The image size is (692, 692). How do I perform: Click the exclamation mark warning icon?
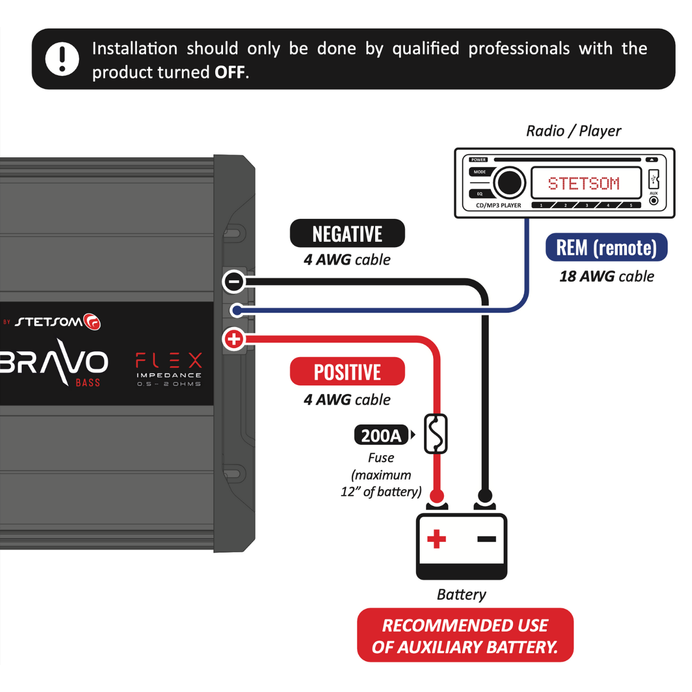tap(62, 59)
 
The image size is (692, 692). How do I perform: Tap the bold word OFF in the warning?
tap(230, 72)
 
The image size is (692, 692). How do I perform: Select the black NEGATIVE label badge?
tap(347, 234)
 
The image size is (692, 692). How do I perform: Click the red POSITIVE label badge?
tap(347, 372)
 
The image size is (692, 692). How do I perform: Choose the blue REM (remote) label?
tap(606, 248)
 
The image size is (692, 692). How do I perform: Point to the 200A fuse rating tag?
tap(381, 435)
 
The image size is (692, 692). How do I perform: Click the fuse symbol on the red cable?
tap(436, 434)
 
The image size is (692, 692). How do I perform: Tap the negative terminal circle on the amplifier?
tap(234, 281)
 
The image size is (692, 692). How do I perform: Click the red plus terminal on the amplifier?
tap(234, 339)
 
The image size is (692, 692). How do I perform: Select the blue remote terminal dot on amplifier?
tap(236, 310)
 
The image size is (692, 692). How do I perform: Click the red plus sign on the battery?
tap(437, 539)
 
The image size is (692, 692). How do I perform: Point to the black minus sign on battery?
tap(486, 539)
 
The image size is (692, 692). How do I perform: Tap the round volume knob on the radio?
tap(510, 182)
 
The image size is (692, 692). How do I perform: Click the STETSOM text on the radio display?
tap(584, 184)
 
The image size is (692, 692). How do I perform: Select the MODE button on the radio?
tap(480, 172)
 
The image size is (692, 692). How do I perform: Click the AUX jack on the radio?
tap(654, 200)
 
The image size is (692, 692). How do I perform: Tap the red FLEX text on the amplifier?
tap(169, 360)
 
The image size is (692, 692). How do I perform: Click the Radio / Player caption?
tap(574, 131)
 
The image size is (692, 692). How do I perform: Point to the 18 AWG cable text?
tap(606, 276)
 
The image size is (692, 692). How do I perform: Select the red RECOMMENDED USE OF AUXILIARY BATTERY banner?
tap(465, 636)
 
